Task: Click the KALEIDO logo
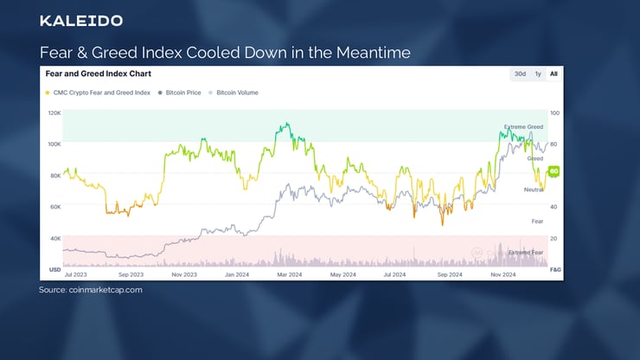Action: tap(81, 20)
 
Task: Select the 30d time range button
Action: tap(520, 74)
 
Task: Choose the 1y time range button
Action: tap(538, 74)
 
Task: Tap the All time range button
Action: tap(554, 74)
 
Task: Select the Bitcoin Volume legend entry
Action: tap(236, 92)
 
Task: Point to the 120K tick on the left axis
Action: tap(54, 113)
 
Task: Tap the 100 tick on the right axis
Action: tap(554, 113)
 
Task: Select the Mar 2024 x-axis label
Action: tap(289, 274)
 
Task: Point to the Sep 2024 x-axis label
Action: tap(451, 274)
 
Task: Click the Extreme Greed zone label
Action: tap(523, 127)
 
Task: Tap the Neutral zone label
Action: tap(534, 189)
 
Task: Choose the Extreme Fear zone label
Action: tap(526, 252)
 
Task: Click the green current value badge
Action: tap(554, 170)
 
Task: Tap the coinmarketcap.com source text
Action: tap(91, 290)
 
